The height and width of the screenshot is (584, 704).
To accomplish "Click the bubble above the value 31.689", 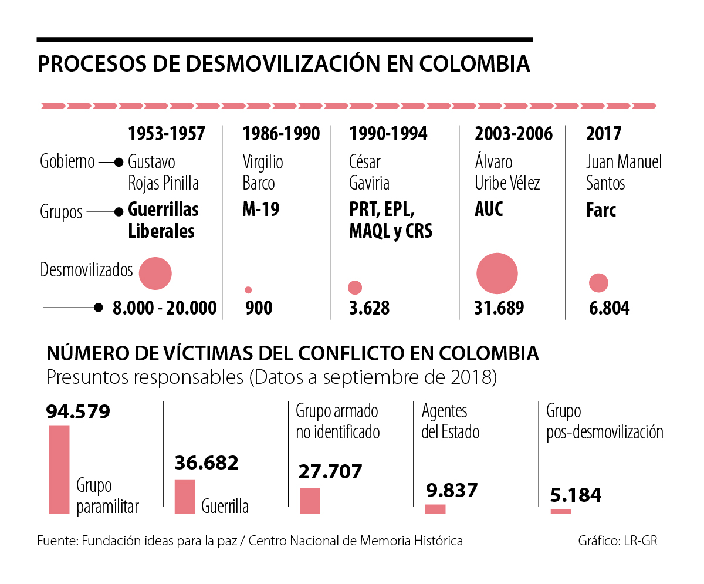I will click(x=497, y=274).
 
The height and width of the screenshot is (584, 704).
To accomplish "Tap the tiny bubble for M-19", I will click(x=248, y=290).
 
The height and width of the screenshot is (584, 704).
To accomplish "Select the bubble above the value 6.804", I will click(x=598, y=283).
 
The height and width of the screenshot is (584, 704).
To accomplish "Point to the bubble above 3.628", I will click(x=355, y=288).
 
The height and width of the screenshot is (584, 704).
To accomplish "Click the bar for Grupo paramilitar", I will click(x=59, y=469).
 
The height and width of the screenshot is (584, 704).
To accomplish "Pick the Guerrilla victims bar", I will click(x=185, y=497).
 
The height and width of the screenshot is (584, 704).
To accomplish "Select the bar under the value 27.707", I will click(x=310, y=501).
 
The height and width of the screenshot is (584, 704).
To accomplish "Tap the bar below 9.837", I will click(x=435, y=509).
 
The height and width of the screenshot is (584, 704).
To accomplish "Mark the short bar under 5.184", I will click(x=561, y=511).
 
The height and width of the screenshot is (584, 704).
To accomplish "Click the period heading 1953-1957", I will click(x=167, y=134).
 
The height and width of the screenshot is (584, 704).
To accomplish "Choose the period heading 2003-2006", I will click(x=513, y=134).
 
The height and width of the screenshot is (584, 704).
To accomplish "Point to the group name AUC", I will click(x=489, y=210).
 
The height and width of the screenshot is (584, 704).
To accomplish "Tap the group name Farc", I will click(x=601, y=210).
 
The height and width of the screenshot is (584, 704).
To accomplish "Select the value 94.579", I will click(x=78, y=412).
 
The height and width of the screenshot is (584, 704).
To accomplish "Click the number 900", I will click(x=259, y=308).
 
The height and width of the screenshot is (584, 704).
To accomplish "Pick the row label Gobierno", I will click(x=67, y=161).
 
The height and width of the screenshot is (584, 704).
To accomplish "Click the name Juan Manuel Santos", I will click(x=624, y=172).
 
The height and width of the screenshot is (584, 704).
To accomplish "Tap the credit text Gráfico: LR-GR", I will click(x=617, y=541).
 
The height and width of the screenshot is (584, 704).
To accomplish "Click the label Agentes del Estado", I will click(x=451, y=421).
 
